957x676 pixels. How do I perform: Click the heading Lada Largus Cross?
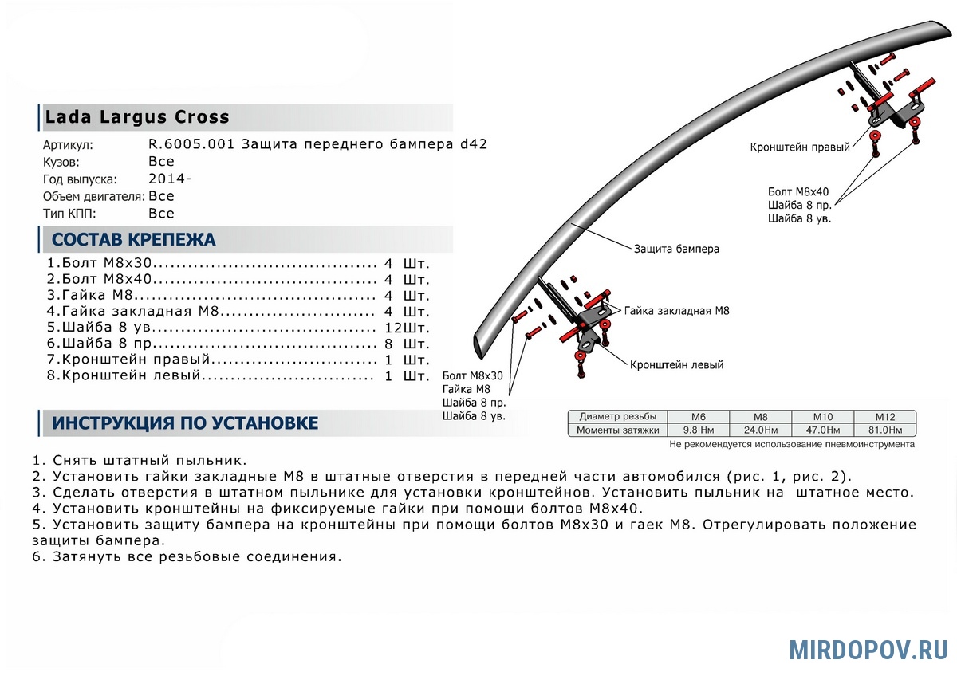click(x=137, y=117)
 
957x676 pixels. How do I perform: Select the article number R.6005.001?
click(x=191, y=144)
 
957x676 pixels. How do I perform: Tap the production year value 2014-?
click(x=169, y=179)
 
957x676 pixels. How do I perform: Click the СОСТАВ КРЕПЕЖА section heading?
click(x=133, y=240)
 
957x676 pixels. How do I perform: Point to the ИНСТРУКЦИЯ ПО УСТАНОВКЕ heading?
click(x=185, y=423)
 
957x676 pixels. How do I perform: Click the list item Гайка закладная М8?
click(x=132, y=311)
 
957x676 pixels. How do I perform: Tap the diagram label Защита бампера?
click(x=676, y=249)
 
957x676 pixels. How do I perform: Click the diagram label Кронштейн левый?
click(x=676, y=364)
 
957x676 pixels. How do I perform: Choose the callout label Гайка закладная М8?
click(x=676, y=311)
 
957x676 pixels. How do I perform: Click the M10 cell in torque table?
click(x=822, y=416)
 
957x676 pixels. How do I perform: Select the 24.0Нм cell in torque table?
click(x=760, y=430)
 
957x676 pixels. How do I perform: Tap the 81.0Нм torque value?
click(x=884, y=430)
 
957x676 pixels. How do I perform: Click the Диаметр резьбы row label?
click(x=617, y=416)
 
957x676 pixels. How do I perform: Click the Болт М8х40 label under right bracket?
click(x=798, y=192)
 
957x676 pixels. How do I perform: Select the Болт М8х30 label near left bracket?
click(x=473, y=375)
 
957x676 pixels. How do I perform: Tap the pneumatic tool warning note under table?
click(x=792, y=444)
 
